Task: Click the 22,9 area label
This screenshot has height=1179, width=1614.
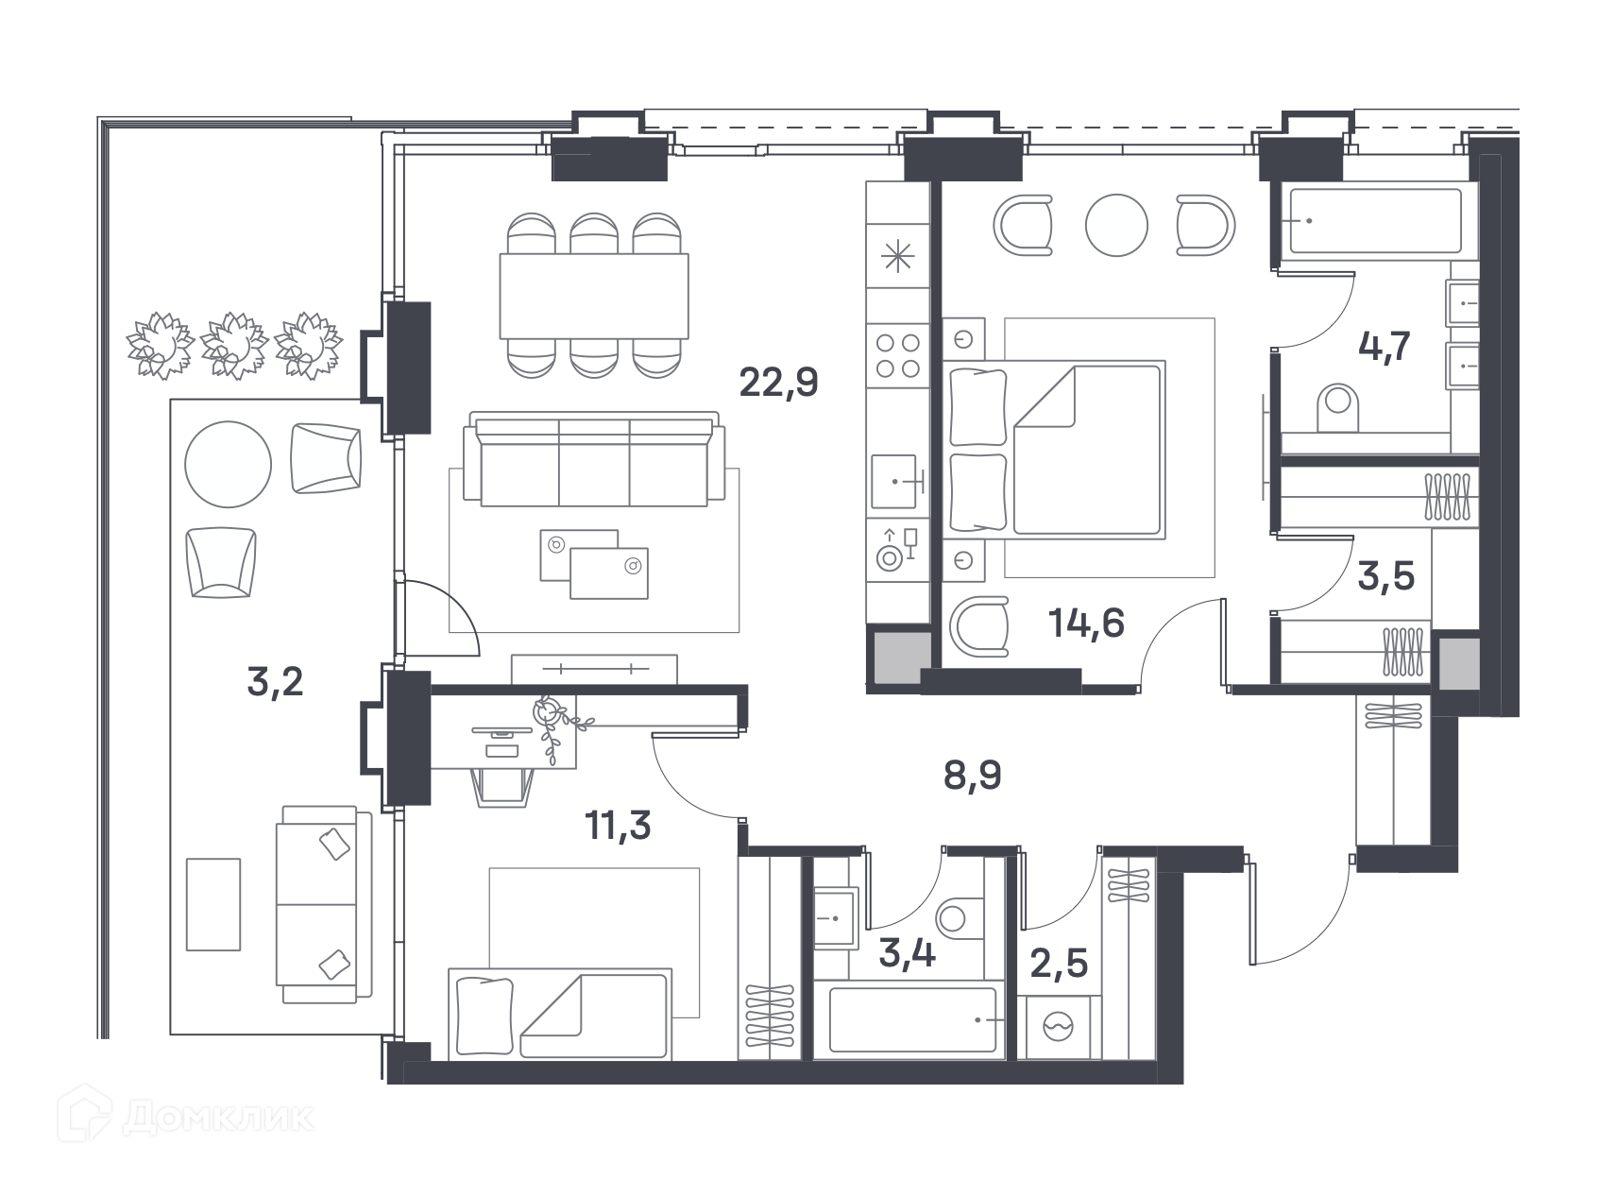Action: [778, 383]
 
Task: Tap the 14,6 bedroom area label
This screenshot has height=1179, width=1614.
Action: [1086, 624]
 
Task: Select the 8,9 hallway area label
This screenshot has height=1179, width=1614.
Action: [972, 777]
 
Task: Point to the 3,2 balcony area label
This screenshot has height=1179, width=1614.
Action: [275, 681]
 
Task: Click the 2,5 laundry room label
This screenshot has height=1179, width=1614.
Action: [1059, 965]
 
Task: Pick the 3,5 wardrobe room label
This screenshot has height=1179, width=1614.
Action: [1385, 577]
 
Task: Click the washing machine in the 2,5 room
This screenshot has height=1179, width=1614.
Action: [1059, 1027]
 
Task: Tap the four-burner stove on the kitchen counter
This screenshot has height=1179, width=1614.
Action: [897, 355]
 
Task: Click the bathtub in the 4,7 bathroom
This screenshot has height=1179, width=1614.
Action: [1375, 221]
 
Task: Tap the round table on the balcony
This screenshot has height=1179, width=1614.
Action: [228, 464]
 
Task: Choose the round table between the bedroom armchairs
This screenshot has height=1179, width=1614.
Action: [1116, 225]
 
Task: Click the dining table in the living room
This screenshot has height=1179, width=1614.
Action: [594, 296]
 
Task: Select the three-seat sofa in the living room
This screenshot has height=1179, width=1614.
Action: [594, 459]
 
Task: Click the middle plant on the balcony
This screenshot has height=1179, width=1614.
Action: [234, 346]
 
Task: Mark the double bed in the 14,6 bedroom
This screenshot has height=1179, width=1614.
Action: [1054, 449]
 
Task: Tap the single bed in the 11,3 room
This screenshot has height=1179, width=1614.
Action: [559, 1014]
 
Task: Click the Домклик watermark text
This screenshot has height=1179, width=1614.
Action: [217, 1119]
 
